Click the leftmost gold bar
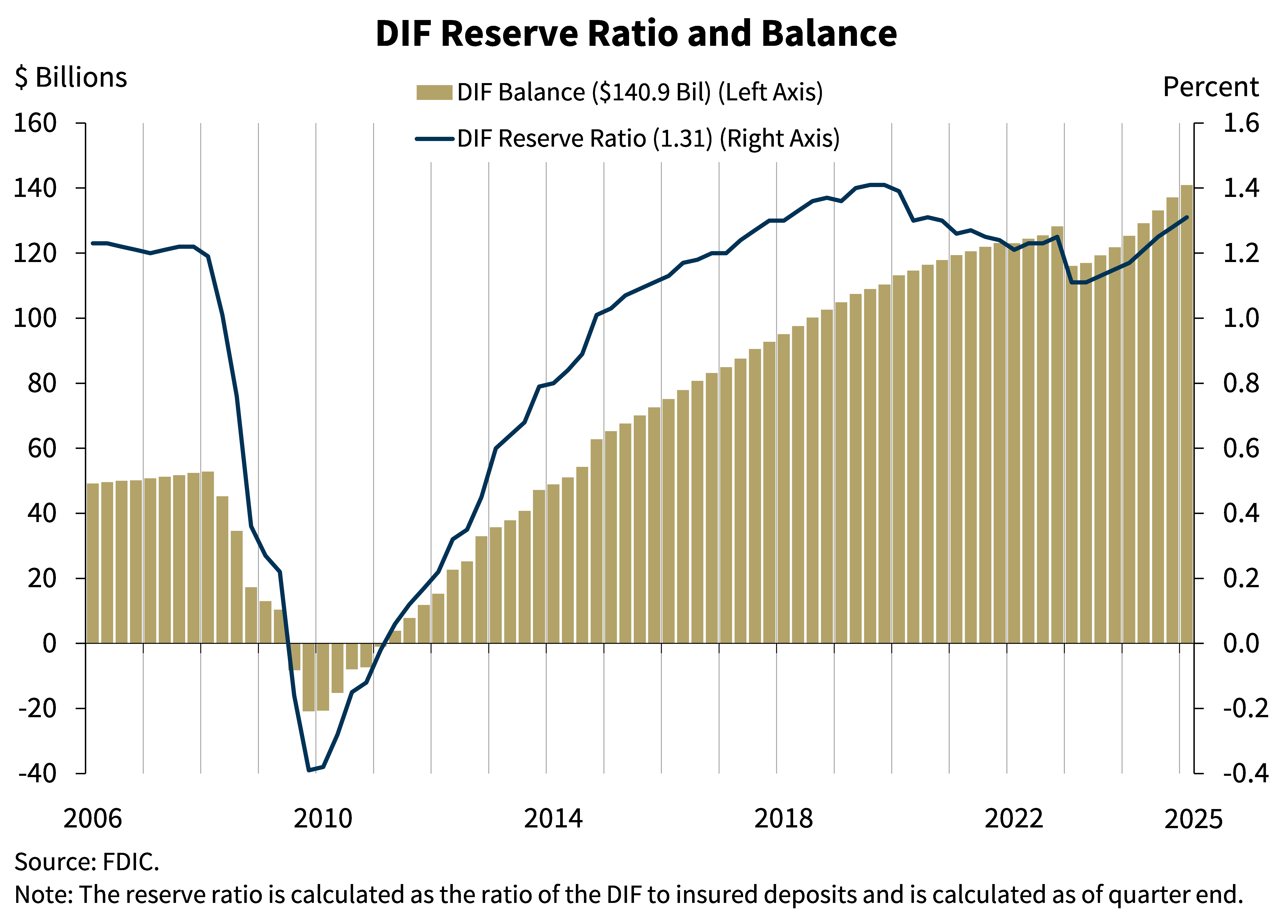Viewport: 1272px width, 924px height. (92, 561)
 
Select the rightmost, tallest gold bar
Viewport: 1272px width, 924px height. (1186, 415)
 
